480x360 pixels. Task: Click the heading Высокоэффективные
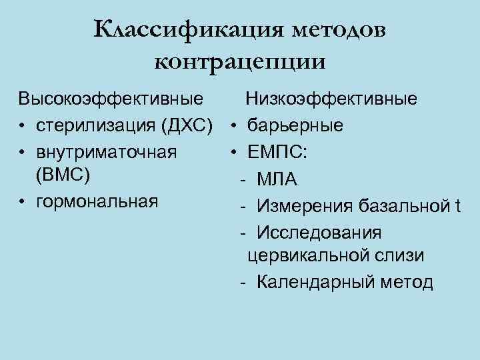point(111,100)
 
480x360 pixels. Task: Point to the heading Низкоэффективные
point(332,100)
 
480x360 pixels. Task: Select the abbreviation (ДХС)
point(189,125)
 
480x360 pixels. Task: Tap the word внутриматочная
point(107,151)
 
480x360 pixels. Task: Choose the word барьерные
point(296,125)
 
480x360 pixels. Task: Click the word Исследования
point(319,231)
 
